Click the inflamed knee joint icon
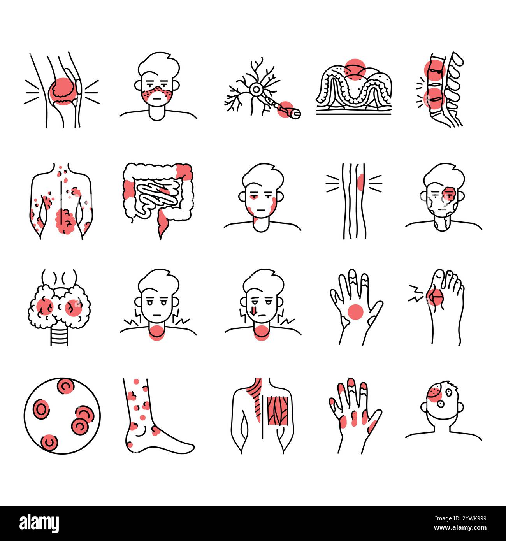(61, 90)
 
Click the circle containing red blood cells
(62, 415)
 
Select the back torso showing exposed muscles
(262, 415)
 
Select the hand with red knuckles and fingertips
(355, 415)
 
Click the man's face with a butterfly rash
(158, 88)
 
